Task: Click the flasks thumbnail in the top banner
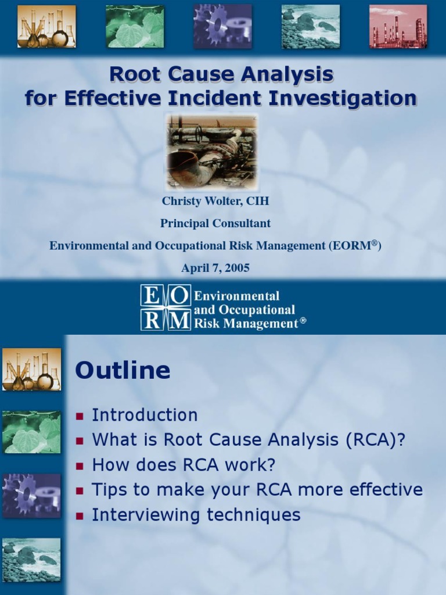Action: click(x=46, y=27)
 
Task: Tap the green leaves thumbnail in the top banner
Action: click(x=135, y=27)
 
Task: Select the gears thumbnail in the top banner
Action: click(x=223, y=27)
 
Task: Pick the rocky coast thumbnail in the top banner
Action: click(x=311, y=27)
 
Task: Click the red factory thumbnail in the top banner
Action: click(x=398, y=27)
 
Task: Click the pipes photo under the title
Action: click(x=211, y=150)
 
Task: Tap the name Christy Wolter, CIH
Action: click(x=215, y=202)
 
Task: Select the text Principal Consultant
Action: click(x=215, y=223)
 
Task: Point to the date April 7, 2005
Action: click(x=215, y=268)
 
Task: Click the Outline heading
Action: click(x=123, y=371)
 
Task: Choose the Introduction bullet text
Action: click(x=145, y=415)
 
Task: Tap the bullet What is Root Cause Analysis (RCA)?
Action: click(x=248, y=440)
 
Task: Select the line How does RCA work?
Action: click(x=184, y=465)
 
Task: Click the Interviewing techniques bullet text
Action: click(x=196, y=515)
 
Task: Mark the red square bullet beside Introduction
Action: click(x=80, y=416)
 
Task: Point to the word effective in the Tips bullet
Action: click(x=385, y=490)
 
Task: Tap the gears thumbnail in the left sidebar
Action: click(x=31, y=495)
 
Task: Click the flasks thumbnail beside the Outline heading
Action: click(x=31, y=370)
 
